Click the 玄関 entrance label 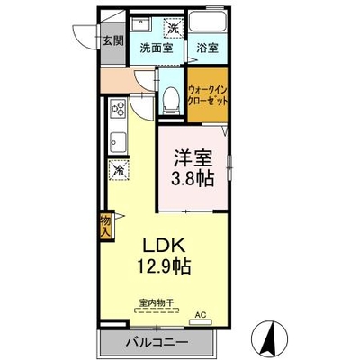tap(113, 40)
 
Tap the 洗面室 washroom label tap(157, 48)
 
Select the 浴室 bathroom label tap(207, 48)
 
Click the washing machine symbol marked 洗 tap(173, 28)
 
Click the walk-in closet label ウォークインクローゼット tap(207, 95)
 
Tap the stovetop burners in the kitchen tap(118, 109)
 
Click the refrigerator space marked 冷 tap(119, 170)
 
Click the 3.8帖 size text tap(192, 178)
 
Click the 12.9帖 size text tap(164, 265)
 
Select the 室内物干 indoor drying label tap(157, 302)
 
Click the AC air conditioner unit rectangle tap(201, 322)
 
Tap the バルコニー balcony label tap(157, 342)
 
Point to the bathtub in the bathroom tap(208, 22)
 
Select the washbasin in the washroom tap(142, 23)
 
